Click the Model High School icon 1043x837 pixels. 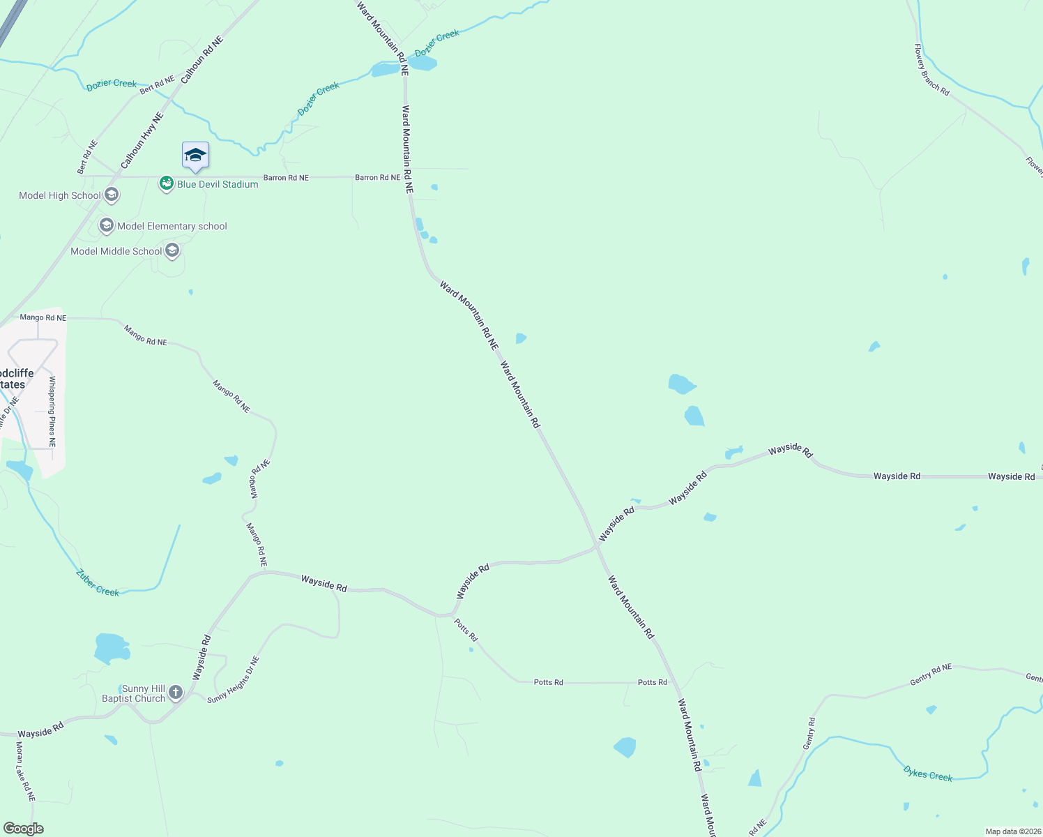click(112, 195)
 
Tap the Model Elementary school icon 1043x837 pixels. click(107, 225)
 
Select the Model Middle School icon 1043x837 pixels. click(172, 250)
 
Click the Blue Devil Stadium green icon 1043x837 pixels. click(166, 183)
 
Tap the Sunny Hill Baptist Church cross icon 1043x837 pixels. click(176, 693)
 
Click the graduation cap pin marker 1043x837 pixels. click(195, 155)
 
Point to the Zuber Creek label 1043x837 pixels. click(98, 583)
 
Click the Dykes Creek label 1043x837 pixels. click(927, 774)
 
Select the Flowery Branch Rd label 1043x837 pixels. click(931, 70)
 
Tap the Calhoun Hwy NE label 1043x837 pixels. click(142, 140)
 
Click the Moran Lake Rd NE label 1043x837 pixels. click(24, 771)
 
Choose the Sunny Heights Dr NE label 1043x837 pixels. click(234, 679)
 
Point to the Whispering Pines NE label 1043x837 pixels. click(52, 412)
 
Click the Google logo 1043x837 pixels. click(24, 829)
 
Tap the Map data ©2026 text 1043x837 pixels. click(1012, 831)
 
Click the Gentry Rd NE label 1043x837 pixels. click(930, 674)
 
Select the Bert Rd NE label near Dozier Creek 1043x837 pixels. click(157, 85)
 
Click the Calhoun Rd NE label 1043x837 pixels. click(201, 61)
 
